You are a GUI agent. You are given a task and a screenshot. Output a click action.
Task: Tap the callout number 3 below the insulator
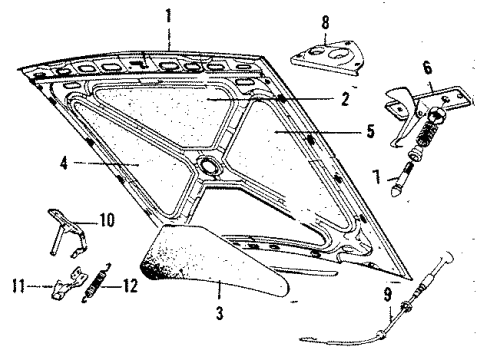218,313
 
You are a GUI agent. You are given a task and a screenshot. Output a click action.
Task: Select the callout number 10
107,217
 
